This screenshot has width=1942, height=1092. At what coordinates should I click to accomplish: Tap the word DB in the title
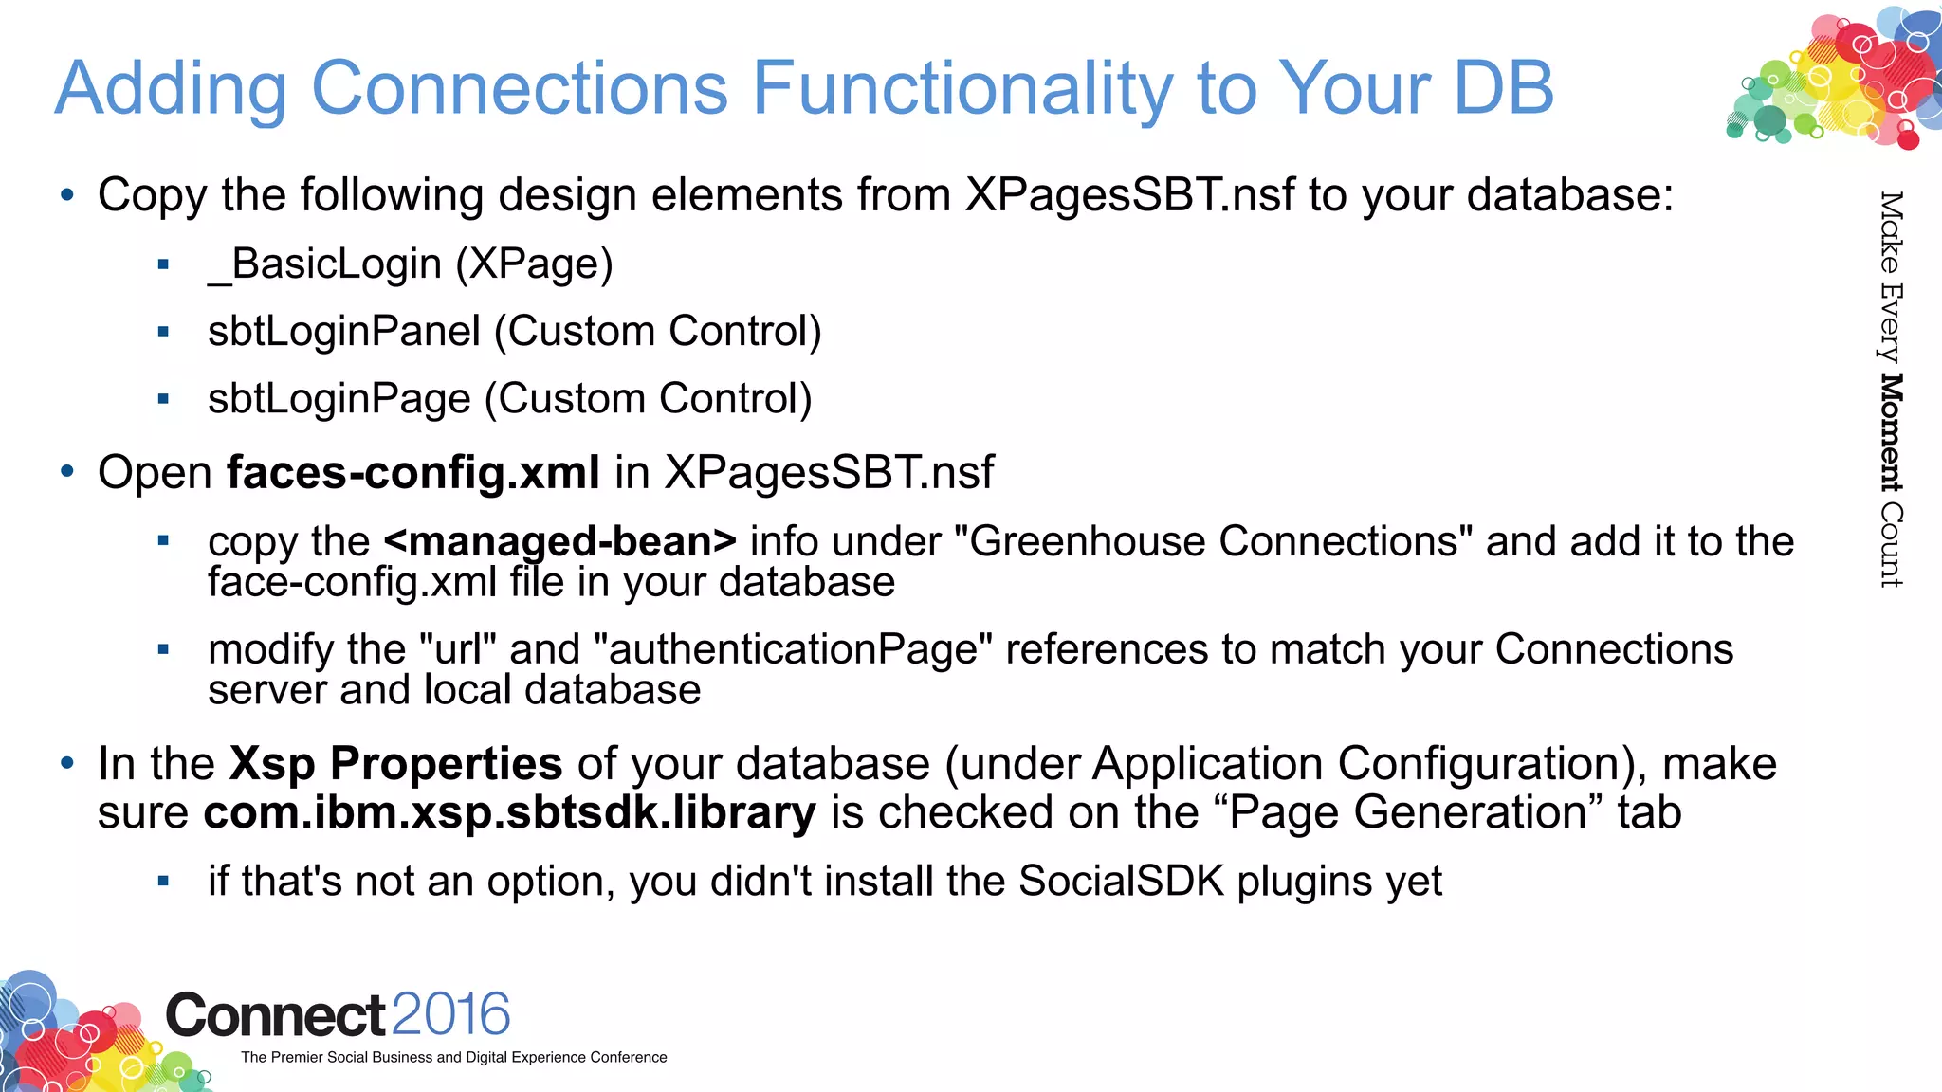pyautogui.click(x=1504, y=88)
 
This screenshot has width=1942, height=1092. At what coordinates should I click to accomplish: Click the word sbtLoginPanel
pyautogui.click(x=344, y=332)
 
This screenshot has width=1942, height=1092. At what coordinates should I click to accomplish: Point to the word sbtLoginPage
pyautogui.click(x=339, y=399)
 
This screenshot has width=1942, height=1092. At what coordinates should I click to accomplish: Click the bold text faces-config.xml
pyautogui.click(x=413, y=472)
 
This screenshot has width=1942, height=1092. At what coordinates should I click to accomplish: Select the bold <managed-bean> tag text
pyautogui.click(x=560, y=541)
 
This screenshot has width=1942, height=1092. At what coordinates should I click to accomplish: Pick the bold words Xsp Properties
pyautogui.click(x=396, y=764)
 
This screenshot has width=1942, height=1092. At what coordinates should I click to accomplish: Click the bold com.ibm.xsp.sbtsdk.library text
pyautogui.click(x=509, y=813)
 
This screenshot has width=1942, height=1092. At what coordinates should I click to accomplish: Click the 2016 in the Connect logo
pyautogui.click(x=450, y=1014)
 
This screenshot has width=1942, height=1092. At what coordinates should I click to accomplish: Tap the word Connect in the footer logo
pyautogui.click(x=275, y=1015)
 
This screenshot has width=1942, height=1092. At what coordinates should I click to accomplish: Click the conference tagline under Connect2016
pyautogui.click(x=453, y=1057)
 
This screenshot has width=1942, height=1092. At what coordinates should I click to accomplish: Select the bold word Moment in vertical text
pyautogui.click(x=1891, y=433)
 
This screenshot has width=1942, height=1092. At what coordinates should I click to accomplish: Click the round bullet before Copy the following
pyautogui.click(x=66, y=195)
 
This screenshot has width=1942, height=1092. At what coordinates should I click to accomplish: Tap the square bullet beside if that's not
pyautogui.click(x=163, y=882)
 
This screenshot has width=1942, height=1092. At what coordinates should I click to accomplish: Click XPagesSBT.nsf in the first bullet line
pyautogui.click(x=1130, y=195)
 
